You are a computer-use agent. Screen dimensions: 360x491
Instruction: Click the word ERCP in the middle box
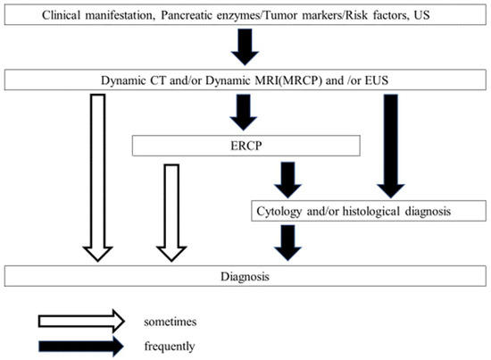click(x=245, y=145)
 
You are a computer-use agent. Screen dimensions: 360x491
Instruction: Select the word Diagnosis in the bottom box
click(x=245, y=277)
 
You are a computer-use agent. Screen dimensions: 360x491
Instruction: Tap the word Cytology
click(x=283, y=211)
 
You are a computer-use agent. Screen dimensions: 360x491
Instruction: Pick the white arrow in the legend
click(x=79, y=319)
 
